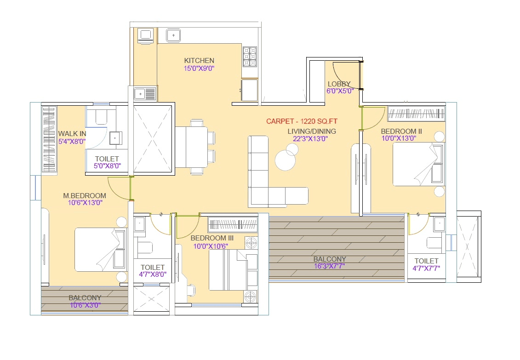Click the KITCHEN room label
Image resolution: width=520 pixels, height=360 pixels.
tap(199, 60)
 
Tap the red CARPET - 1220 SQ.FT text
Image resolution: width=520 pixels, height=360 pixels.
tap(302, 121)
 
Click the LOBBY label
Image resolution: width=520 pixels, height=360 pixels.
tap(339, 84)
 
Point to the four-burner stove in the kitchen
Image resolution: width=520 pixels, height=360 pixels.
tap(249, 57)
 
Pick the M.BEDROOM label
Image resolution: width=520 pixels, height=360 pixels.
tap(85, 195)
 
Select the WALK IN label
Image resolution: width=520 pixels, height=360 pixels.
tap(72, 134)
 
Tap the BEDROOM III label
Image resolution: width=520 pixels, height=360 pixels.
tap(212, 238)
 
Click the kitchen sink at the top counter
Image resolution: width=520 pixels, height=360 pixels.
tap(173, 34)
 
